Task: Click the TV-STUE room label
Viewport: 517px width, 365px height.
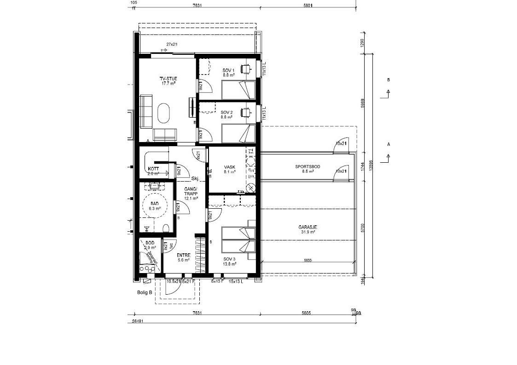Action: coord(168,79)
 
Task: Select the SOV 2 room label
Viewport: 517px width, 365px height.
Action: coord(227,112)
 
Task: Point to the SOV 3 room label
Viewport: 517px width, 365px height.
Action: coord(229,259)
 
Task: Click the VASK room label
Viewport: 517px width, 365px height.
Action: coord(229,167)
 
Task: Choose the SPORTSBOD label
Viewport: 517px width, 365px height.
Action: coord(308,166)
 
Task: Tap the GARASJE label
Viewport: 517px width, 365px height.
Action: coord(308,227)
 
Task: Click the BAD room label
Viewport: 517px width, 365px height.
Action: coord(154,203)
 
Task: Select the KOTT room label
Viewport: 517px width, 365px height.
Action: coord(153,169)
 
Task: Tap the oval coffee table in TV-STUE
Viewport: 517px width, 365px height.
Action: coord(163,113)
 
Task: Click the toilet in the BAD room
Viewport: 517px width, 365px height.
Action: coord(166,228)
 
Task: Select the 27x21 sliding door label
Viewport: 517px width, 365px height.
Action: coord(172,45)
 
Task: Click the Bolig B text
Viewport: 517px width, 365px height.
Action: coord(144,292)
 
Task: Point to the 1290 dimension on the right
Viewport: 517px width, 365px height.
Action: coord(362,43)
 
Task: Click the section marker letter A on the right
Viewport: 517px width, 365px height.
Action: coord(389,144)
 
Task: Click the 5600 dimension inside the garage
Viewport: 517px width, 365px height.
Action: coord(308,261)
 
